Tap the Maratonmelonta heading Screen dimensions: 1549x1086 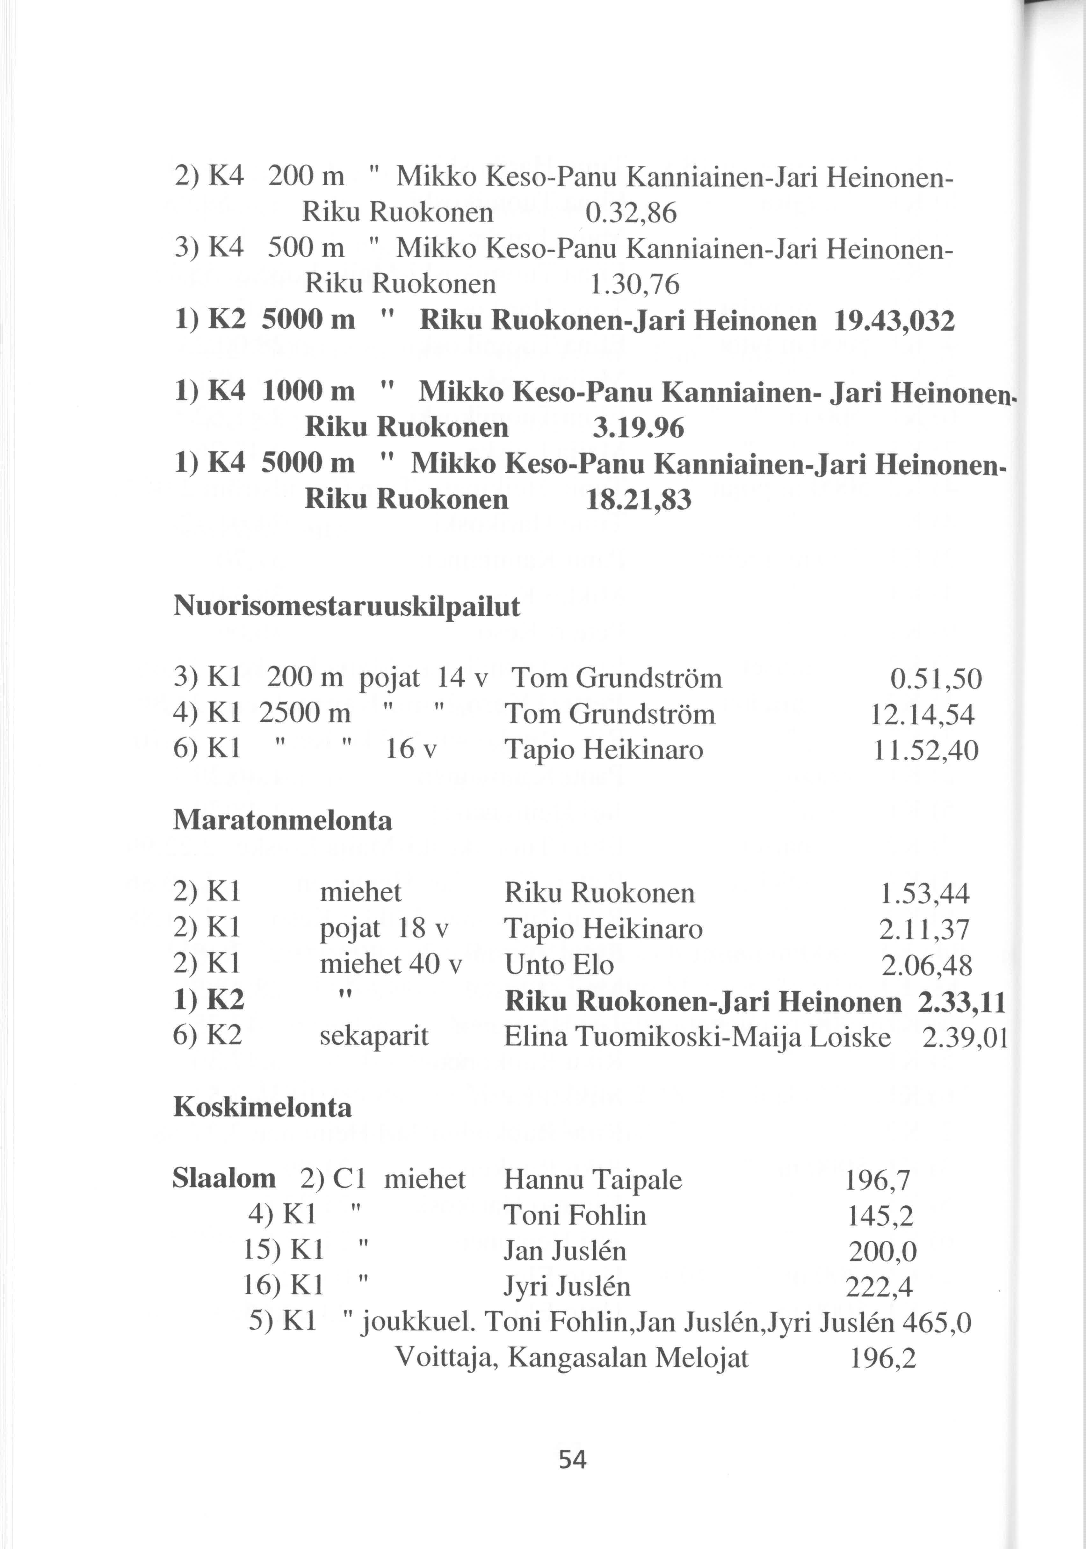283,820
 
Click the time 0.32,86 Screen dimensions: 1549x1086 630,214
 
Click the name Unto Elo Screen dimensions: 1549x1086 559,965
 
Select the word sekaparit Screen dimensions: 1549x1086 374,1036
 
